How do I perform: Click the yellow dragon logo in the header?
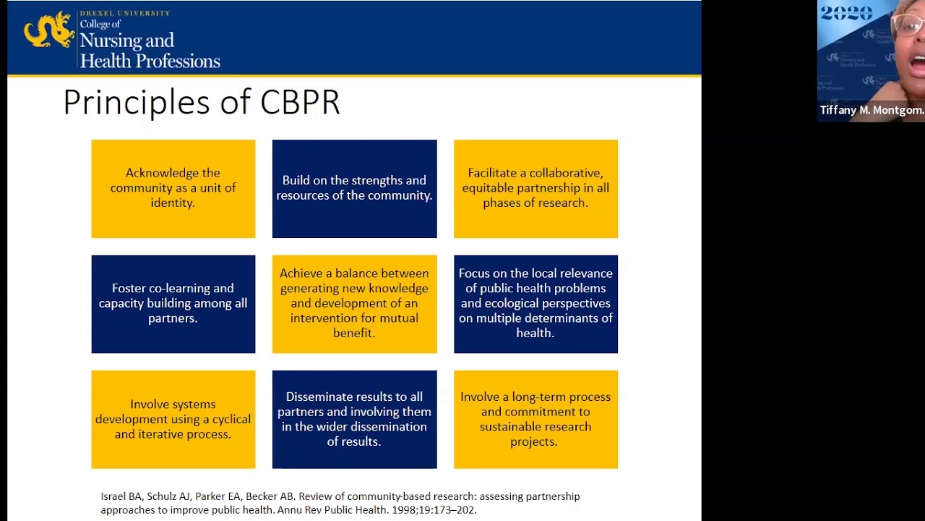(49, 30)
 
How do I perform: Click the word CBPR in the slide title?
(299, 103)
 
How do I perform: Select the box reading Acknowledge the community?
(173, 188)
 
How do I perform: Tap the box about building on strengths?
(354, 188)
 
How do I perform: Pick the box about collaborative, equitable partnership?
(535, 188)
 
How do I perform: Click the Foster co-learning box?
(173, 303)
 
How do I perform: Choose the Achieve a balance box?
(354, 303)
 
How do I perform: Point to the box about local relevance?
(535, 303)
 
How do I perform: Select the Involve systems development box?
(173, 419)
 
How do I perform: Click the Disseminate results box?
(354, 419)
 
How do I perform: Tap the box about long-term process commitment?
(535, 419)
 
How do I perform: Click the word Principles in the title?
(137, 103)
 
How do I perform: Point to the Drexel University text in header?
(124, 13)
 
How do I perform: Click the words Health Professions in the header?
(150, 62)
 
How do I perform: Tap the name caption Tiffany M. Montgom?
(871, 111)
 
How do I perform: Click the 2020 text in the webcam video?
(846, 14)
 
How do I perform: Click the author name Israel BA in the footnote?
(121, 496)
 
